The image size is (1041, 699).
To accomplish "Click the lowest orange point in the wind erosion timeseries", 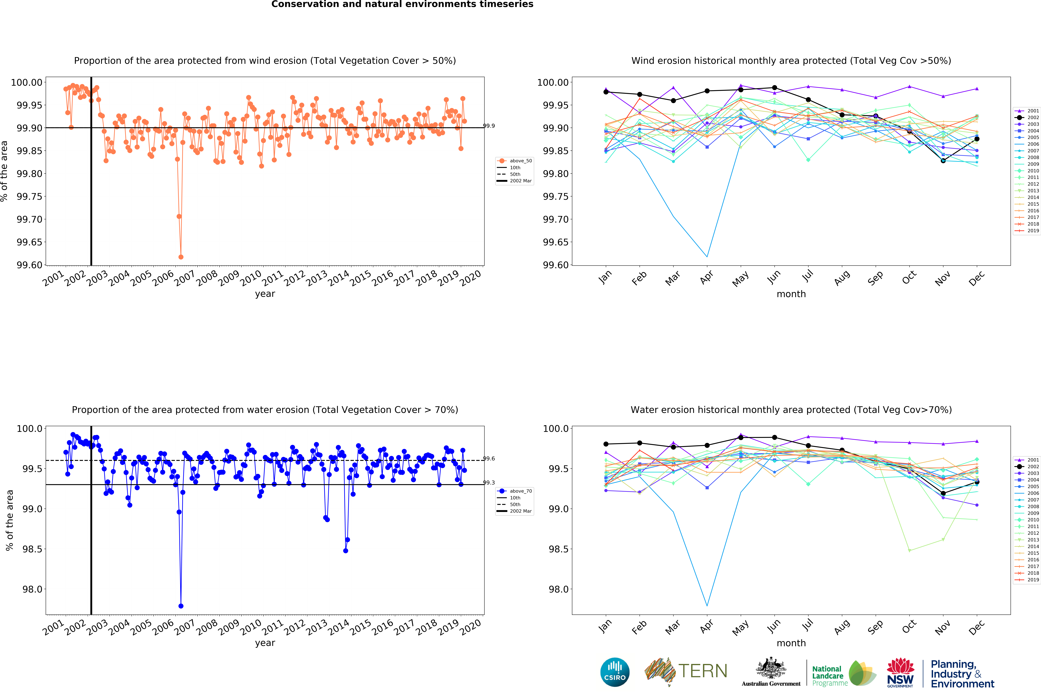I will (181, 257).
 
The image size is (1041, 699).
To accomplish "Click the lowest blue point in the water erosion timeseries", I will (181, 606).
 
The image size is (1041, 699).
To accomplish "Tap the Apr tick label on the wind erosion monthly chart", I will (706, 277).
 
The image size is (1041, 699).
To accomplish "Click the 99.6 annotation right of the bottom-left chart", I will (489, 458).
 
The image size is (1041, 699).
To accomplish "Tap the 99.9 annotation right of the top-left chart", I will (489, 126).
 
